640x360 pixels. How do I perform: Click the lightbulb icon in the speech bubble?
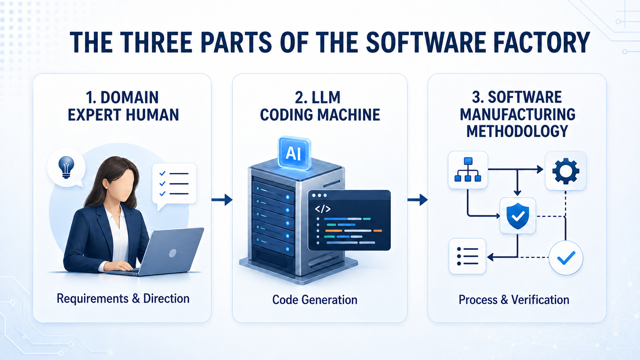pos(66,167)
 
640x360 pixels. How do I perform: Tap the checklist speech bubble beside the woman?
pos(174,184)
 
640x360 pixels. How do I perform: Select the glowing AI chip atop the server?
pos(294,153)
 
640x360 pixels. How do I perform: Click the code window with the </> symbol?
pos(349,220)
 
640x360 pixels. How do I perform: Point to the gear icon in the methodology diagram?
pos(565,171)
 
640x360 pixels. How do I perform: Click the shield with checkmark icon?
pos(518,216)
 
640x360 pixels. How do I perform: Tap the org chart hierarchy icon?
pos(467,169)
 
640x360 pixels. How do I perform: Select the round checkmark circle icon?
pos(566,257)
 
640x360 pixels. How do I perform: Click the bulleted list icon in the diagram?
pos(467,256)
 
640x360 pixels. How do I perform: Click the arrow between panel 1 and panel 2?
pos(222,199)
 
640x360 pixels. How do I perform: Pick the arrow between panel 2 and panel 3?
pos(418,199)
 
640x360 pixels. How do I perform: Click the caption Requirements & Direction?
pos(123,298)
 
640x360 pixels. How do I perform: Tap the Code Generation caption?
pos(315,300)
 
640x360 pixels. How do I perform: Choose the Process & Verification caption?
pos(514,300)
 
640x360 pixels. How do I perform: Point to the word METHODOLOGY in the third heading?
pos(517,131)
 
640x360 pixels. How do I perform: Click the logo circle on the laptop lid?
pos(173,253)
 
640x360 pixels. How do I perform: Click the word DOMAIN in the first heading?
pos(129,98)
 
